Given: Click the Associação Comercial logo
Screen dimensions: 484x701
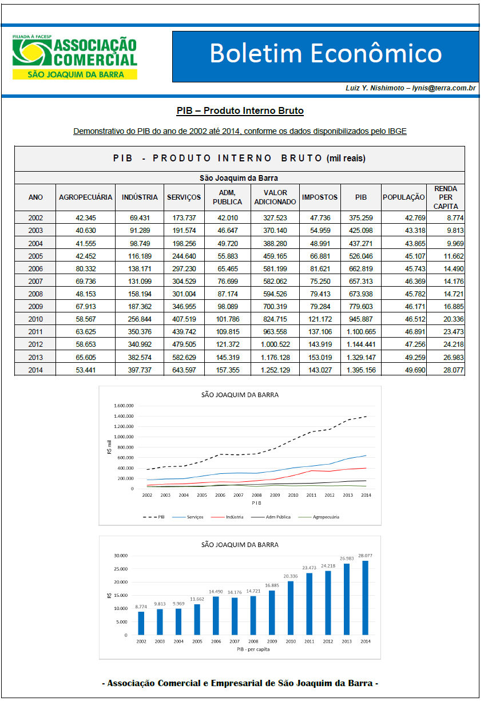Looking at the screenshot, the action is [75, 57].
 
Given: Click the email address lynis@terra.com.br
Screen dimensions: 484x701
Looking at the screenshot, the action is [443, 88].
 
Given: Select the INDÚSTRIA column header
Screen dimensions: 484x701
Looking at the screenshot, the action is [140, 197].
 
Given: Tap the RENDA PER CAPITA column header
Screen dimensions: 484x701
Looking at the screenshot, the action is [446, 197].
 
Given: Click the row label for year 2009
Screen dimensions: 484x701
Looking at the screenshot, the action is [35, 306].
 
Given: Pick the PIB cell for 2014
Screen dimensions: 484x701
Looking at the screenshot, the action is [361, 370].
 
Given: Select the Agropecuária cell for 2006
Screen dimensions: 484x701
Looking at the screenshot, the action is [86, 268].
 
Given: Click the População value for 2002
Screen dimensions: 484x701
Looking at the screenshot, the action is [415, 218].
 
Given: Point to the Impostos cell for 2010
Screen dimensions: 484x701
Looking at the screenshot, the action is [320, 319].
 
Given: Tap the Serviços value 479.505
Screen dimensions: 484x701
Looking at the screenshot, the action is [184, 344].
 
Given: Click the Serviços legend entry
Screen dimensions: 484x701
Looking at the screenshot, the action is [188, 517].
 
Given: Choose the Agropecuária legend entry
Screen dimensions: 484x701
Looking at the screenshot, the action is [319, 517].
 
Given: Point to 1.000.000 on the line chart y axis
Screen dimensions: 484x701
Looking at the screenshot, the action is [124, 437].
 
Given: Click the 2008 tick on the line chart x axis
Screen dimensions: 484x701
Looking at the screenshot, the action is [256, 495].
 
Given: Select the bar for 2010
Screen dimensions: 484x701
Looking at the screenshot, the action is [291, 608].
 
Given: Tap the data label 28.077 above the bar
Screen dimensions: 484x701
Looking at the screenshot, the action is [365, 556].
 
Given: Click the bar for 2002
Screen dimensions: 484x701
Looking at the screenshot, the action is [141, 623].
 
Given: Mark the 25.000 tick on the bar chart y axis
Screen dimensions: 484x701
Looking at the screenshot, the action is [121, 569].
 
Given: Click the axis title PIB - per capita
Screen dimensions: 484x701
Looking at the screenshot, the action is [253, 649].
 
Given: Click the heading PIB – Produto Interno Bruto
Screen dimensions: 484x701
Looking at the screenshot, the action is [240, 110].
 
